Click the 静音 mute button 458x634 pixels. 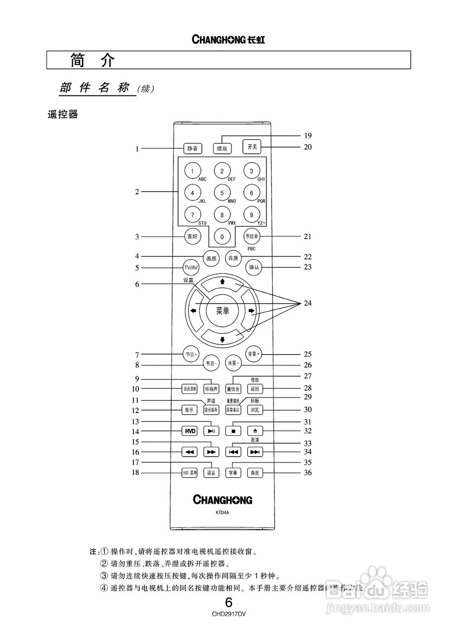point(192,148)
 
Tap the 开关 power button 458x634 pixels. point(252,147)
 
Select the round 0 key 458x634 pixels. point(222,237)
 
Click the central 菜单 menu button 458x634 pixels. point(223,311)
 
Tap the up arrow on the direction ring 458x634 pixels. point(223,281)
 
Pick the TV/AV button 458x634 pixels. point(190,267)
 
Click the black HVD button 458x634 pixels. point(190,431)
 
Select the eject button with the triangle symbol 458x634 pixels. point(254,431)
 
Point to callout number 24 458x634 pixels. point(308,303)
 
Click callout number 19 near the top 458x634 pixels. point(308,135)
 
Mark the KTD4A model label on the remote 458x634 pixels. point(222,513)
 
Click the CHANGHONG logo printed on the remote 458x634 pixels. point(222,499)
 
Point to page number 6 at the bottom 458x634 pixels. point(229,603)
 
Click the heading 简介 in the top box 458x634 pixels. point(92,60)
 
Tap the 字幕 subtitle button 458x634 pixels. point(232,473)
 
